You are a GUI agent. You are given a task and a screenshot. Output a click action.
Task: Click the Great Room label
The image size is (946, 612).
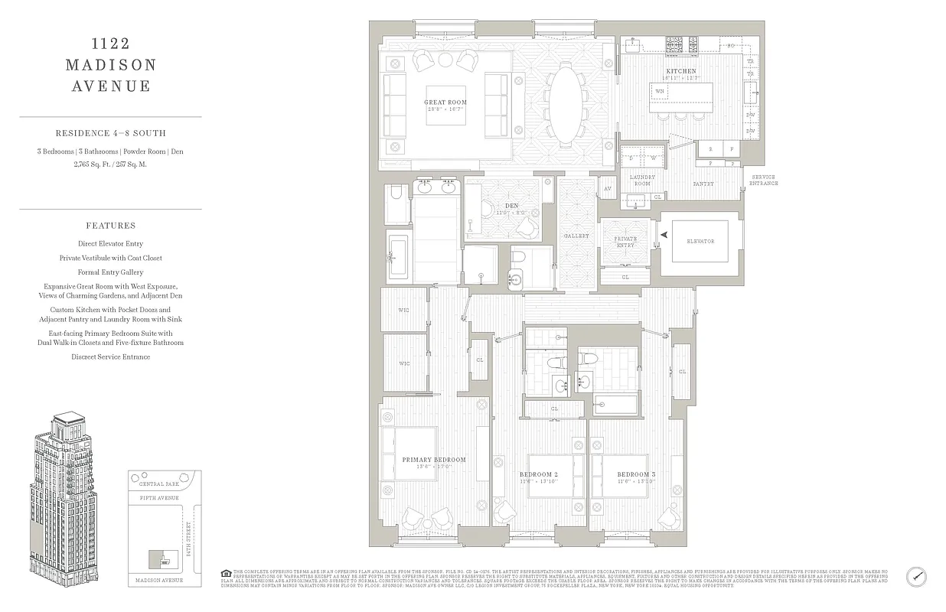(x=445, y=102)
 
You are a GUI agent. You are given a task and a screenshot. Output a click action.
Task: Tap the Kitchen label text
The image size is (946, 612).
(x=681, y=71)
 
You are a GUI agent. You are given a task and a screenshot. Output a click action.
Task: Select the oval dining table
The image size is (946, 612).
(x=566, y=103)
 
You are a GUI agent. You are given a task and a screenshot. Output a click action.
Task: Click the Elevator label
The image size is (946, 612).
(x=700, y=242)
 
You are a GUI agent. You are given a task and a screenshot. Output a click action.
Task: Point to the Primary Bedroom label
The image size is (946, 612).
(x=434, y=460)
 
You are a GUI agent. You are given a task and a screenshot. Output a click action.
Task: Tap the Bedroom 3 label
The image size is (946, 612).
(x=636, y=474)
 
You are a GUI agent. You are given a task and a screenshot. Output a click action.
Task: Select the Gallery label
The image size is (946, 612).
(x=576, y=236)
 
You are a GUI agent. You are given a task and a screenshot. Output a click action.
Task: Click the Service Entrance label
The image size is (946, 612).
(x=763, y=180)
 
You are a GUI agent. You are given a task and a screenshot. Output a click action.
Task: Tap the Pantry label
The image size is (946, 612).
(x=703, y=184)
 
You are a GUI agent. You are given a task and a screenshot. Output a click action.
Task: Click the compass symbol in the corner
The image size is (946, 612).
(x=916, y=576)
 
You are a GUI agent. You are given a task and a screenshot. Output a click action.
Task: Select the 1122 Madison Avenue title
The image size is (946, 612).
(x=111, y=65)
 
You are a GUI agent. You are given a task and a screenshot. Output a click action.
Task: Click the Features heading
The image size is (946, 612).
(x=111, y=226)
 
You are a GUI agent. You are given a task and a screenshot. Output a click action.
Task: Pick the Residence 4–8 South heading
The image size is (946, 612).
(x=111, y=133)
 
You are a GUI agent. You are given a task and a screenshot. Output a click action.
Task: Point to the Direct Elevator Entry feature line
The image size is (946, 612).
(x=111, y=244)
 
